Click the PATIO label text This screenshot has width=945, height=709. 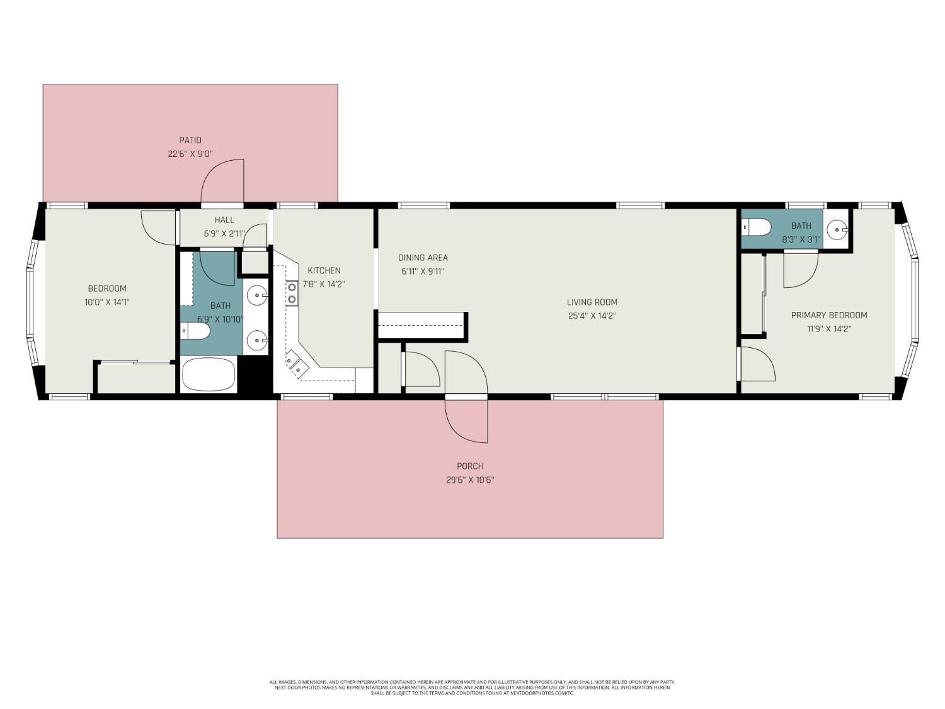coord(190,140)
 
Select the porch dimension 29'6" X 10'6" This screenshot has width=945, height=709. coord(470,480)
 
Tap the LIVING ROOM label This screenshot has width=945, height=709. coord(592,302)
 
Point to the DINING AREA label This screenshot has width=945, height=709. coord(423,257)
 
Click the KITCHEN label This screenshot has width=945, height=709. coord(324,270)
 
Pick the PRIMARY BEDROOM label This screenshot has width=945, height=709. coord(828,315)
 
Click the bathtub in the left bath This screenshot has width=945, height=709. coord(209,375)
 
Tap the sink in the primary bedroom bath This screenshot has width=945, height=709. coord(837,230)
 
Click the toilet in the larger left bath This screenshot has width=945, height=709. coord(195,331)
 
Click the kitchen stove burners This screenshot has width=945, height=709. coord(292,294)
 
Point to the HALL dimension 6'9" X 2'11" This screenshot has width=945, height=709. coord(224,233)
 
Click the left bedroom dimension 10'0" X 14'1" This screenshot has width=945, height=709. coord(107,302)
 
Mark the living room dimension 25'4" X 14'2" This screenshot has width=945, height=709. coord(592,316)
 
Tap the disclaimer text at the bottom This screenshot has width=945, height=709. coord(472,687)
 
